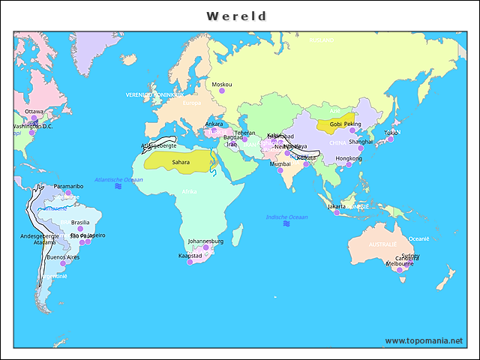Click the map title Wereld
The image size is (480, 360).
(236, 16)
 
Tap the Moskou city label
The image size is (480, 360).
(221, 85)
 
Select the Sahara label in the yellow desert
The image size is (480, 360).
(181, 161)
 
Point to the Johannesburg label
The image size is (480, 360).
(205, 241)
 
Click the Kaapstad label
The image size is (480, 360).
(190, 256)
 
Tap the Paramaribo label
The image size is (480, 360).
(68, 186)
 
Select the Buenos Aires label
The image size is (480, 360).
(63, 257)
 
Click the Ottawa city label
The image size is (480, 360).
(34, 111)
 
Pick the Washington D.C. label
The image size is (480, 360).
(32, 126)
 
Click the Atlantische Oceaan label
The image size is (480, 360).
(118, 180)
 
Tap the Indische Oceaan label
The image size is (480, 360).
(286, 217)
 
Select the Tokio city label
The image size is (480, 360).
(391, 133)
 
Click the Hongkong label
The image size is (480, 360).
(348, 158)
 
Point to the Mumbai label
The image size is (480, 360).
(280, 163)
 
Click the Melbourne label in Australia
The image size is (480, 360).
(400, 264)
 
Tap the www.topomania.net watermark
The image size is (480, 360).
(424, 340)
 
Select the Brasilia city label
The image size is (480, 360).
(79, 222)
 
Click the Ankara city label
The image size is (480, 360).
(214, 124)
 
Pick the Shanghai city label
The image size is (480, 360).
(361, 141)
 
